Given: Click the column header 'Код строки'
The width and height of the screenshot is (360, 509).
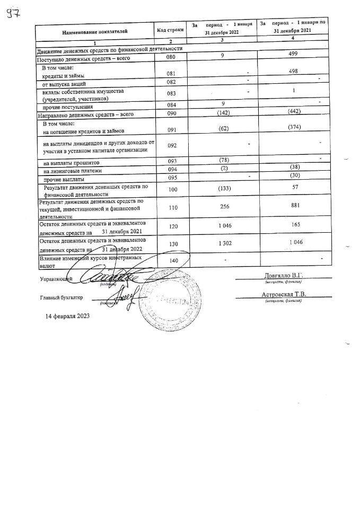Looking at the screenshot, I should tap(171, 30).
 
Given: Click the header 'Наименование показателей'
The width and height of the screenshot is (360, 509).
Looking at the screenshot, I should tap(95, 32).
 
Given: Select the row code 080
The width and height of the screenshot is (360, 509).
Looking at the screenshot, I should tap(170, 57).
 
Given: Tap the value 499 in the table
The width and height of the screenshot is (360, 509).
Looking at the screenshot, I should tap(293, 54).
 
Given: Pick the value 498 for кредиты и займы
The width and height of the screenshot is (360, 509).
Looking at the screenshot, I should tap(293, 74).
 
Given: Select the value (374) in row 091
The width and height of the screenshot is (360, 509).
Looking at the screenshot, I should tap(293, 128).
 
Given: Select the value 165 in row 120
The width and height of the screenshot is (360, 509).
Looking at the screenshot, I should tap(293, 224).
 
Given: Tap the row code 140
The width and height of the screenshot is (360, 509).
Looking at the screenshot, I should tap(171, 260).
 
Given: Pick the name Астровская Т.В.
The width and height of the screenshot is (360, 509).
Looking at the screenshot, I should tap(284, 294).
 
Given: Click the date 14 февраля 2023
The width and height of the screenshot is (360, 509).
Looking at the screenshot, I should tap(67, 316).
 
